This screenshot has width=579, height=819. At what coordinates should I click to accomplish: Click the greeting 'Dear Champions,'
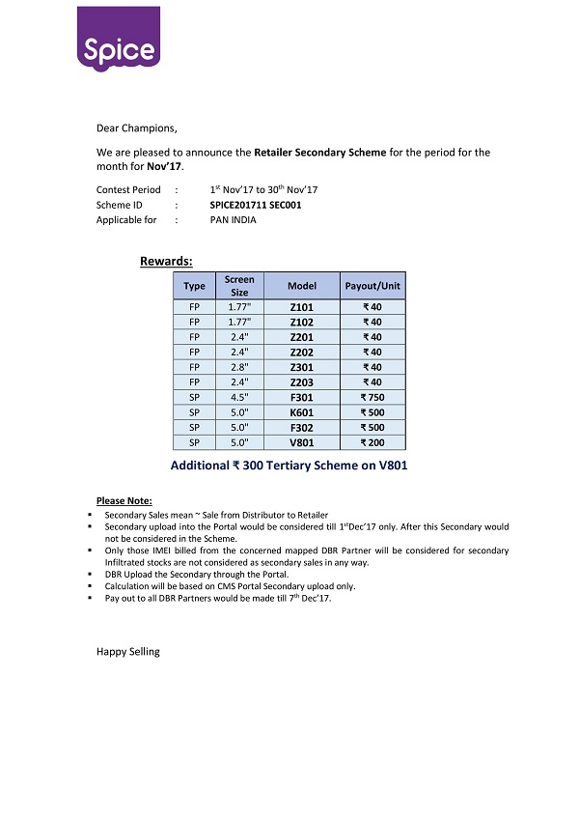click(137, 127)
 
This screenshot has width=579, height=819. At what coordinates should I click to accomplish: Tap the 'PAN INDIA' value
click(234, 220)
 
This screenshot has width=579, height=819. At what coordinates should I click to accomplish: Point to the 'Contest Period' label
click(128, 190)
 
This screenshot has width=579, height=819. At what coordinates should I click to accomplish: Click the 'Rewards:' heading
click(166, 261)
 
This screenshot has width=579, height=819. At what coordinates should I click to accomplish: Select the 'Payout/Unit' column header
click(372, 286)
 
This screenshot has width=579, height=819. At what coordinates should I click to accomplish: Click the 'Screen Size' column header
click(239, 286)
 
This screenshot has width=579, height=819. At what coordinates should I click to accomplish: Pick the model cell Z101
click(301, 307)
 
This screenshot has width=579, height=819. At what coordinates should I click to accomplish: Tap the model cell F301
click(301, 397)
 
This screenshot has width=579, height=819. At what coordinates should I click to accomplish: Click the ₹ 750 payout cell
click(372, 397)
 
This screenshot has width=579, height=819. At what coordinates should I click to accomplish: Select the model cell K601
click(301, 412)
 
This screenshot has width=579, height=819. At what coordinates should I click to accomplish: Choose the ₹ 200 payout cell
click(372, 442)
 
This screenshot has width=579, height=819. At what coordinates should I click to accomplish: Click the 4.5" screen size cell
click(239, 397)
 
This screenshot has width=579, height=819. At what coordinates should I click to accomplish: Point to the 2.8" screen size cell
click(239, 367)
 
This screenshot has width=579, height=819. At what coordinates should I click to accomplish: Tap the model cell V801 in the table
click(301, 442)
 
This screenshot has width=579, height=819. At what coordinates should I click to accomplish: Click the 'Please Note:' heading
click(124, 500)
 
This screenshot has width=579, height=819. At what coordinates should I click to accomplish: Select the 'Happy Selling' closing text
click(128, 652)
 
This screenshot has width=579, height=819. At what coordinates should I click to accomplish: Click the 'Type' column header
click(194, 286)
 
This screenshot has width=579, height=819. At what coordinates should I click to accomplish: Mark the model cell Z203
click(301, 382)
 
